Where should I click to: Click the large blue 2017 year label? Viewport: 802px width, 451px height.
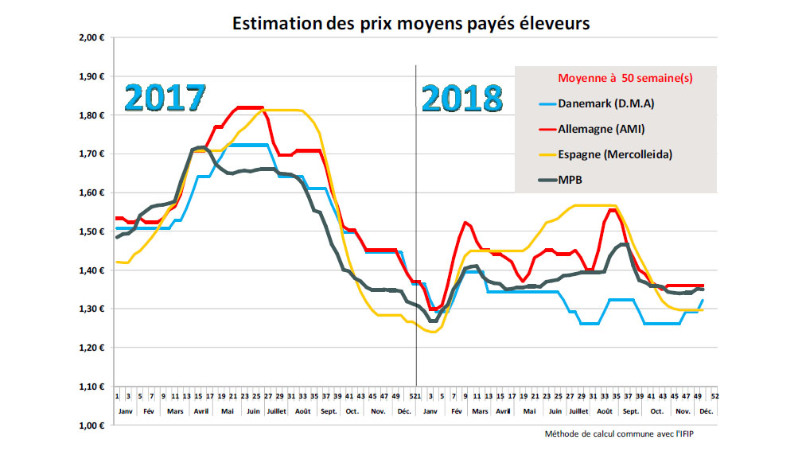165,99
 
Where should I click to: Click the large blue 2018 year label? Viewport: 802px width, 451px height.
462,99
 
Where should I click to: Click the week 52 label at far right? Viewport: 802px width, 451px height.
715,395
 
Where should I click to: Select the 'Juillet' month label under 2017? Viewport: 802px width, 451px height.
278,411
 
